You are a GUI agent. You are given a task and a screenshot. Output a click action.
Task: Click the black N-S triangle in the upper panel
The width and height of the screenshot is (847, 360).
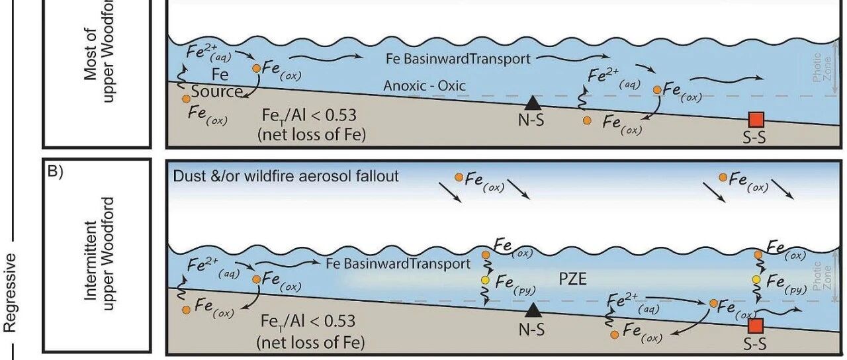pyautogui.click(x=532, y=102)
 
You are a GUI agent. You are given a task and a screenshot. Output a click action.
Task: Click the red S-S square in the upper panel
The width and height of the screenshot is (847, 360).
pyautogui.click(x=756, y=119)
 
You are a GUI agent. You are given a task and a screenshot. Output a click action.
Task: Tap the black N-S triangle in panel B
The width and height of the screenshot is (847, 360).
pyautogui.click(x=532, y=308)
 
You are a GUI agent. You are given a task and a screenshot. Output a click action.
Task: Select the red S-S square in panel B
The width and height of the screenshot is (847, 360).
pyautogui.click(x=756, y=326)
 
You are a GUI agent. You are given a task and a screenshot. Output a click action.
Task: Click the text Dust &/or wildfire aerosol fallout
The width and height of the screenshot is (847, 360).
pyautogui.click(x=287, y=176)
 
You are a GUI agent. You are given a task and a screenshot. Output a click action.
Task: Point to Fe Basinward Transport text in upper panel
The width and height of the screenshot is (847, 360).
pyautogui.click(x=458, y=59)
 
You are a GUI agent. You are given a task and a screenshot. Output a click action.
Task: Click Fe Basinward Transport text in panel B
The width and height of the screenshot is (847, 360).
pyautogui.click(x=398, y=263)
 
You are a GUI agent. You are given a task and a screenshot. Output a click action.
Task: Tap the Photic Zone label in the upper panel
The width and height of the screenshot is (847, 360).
pyautogui.click(x=819, y=69)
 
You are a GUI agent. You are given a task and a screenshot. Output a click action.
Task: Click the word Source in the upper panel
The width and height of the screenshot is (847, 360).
pyautogui.click(x=218, y=91)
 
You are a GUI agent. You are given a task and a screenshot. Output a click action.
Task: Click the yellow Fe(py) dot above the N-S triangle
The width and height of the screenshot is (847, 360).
pyautogui.click(x=486, y=280)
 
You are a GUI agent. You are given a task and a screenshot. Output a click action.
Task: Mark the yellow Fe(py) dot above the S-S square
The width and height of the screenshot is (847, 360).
pyautogui.click(x=757, y=280)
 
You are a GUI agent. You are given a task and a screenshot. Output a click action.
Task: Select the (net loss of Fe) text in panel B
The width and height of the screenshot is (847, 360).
pyautogui.click(x=310, y=343)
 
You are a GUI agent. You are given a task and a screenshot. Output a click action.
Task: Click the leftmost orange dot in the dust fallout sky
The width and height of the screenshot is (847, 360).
pyautogui.click(x=459, y=177)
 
